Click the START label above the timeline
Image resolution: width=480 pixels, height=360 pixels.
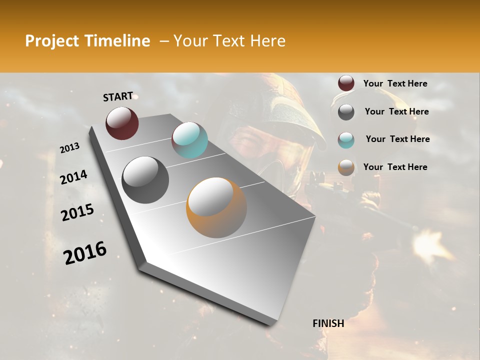[118, 96]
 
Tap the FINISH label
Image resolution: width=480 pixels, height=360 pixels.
[328, 323]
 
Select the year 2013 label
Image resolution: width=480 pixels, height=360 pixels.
[69, 148]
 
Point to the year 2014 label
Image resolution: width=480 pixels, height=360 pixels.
[73, 177]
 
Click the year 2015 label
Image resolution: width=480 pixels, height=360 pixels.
[77, 213]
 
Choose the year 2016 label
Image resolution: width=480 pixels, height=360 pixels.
[85, 253]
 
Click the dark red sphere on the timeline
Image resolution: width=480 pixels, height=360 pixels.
[122, 123]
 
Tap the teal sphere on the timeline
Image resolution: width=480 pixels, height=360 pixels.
[189, 140]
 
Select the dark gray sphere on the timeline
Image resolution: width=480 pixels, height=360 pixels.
[145, 179]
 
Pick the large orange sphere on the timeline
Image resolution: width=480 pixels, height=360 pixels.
[216, 207]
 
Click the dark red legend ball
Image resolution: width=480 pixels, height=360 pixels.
[346, 83]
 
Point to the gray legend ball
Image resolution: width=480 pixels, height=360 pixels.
[346, 112]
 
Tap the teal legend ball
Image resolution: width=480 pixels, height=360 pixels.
[346, 140]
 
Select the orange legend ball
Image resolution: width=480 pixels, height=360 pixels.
[346, 167]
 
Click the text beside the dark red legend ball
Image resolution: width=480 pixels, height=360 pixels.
[395, 83]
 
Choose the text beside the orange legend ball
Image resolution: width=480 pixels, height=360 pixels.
[395, 167]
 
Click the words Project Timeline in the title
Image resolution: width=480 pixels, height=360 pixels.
[87, 41]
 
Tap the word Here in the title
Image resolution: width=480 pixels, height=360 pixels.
[267, 41]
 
